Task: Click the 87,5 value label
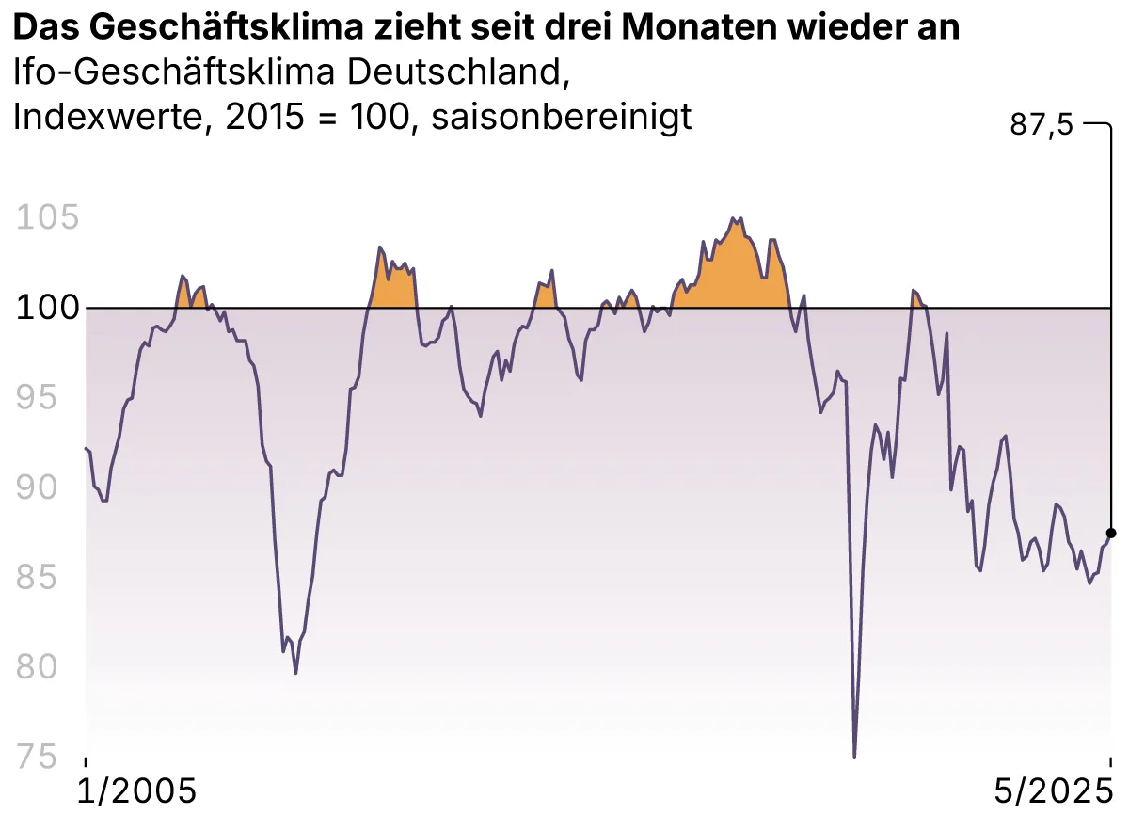1041,125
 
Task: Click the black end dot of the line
1111,533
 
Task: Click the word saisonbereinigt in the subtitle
562,117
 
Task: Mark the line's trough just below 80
295,673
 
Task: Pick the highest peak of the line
734,218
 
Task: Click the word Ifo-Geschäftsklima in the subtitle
164,72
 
